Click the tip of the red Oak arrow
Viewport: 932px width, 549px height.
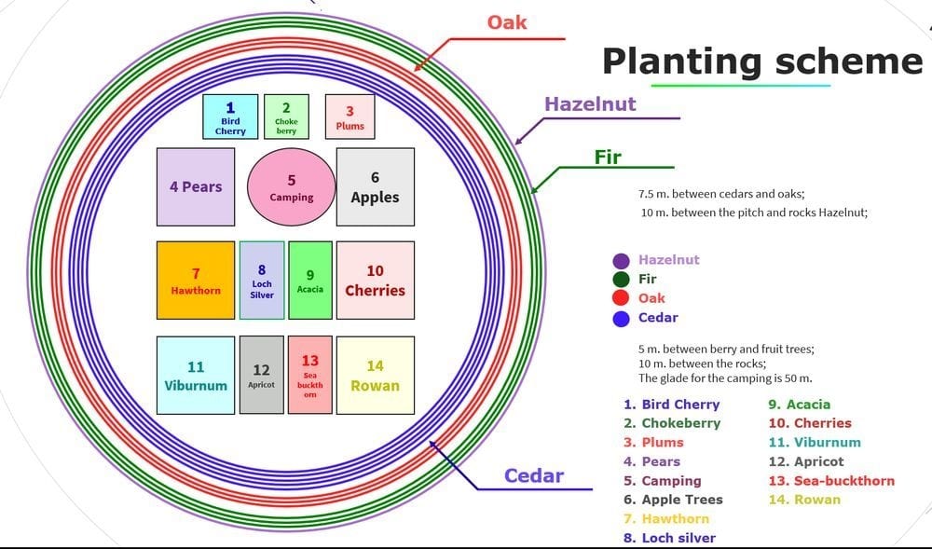pos(415,71)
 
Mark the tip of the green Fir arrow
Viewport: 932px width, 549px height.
pos(531,193)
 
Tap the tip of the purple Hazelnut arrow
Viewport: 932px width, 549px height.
pos(515,144)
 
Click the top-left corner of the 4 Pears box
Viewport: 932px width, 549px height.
pos(157,148)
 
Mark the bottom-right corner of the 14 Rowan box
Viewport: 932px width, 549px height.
pos(415,414)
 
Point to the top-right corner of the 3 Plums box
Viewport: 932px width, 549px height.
pos(375,94)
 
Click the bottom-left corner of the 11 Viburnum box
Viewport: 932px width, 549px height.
pos(157,414)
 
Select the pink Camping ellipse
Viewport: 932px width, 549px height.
pos(291,187)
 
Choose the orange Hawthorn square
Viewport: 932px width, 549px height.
pos(196,281)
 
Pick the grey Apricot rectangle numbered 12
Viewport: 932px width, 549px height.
pos(262,375)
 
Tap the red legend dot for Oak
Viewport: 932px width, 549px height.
pos(621,298)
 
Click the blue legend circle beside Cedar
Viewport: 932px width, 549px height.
pos(621,319)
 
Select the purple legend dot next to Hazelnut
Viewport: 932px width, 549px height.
pos(621,261)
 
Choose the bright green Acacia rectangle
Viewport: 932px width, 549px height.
pos(310,281)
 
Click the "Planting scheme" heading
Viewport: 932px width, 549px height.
pos(762,61)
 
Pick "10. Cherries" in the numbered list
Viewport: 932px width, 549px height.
pos(810,423)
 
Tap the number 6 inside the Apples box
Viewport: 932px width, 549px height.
pos(375,177)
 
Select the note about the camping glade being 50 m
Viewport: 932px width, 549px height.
pos(725,378)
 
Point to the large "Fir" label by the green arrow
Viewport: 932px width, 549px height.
pos(608,157)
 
